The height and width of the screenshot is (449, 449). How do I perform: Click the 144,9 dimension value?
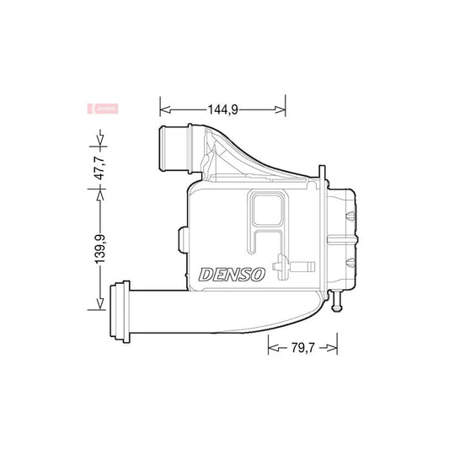point(222,108)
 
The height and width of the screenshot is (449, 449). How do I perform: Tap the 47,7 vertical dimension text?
point(99,168)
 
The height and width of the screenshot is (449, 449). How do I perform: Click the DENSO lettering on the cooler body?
point(232,275)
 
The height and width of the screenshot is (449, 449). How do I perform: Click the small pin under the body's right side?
point(339,301)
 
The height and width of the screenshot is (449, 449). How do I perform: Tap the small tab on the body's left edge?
point(180,238)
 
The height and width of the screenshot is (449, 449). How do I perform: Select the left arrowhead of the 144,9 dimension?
point(163,108)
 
